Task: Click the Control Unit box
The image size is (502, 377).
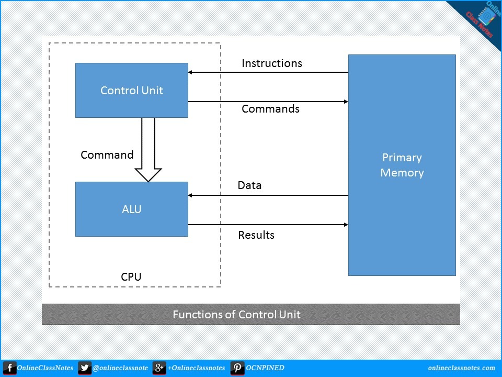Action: (x=132, y=90)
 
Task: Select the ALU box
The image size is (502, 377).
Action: (x=132, y=209)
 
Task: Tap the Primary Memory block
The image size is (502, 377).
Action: (x=402, y=165)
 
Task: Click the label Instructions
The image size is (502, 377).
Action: (x=271, y=63)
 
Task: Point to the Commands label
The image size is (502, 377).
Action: (x=270, y=109)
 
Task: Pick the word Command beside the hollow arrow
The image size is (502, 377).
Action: (x=107, y=155)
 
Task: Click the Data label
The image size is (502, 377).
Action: (x=249, y=185)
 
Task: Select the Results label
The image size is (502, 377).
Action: (x=256, y=235)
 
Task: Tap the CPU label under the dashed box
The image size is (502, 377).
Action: (x=131, y=277)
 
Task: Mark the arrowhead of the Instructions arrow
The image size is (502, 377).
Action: (x=191, y=72)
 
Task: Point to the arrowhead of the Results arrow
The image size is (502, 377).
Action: (x=346, y=225)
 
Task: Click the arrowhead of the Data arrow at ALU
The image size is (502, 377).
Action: (x=191, y=195)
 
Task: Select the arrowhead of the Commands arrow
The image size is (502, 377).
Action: (x=346, y=102)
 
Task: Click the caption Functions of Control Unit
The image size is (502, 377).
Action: (x=236, y=315)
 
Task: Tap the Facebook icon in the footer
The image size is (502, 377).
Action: (x=9, y=368)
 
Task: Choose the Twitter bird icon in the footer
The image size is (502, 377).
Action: (x=84, y=368)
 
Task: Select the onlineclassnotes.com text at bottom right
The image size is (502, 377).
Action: (x=461, y=368)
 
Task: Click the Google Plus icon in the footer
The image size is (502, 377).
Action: (x=159, y=368)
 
